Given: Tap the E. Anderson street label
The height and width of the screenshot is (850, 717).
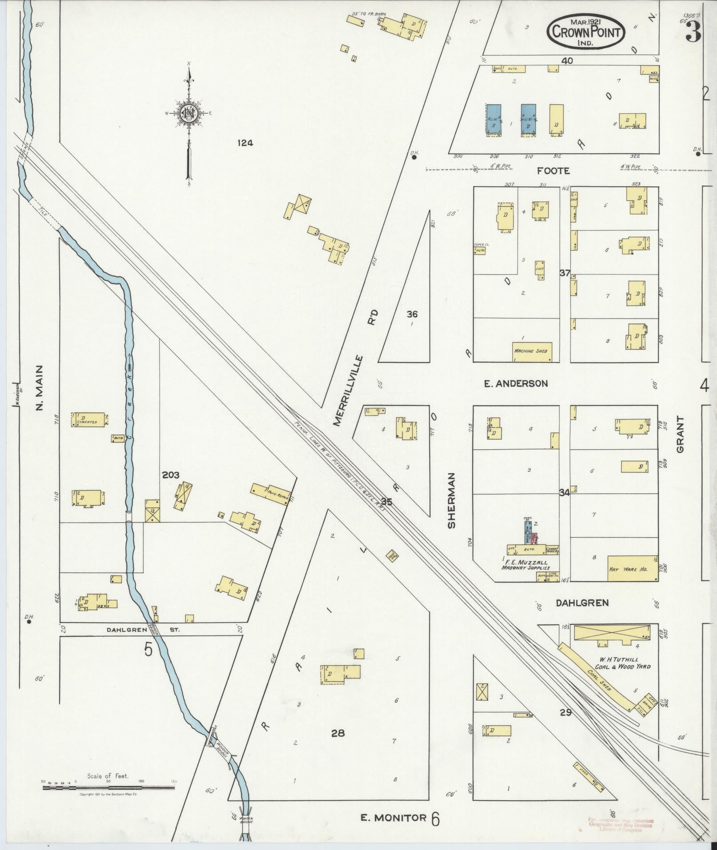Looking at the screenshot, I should tap(516, 383).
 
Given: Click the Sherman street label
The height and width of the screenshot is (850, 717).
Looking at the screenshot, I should tap(452, 500).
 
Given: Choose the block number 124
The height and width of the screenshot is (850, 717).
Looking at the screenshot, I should tap(244, 143).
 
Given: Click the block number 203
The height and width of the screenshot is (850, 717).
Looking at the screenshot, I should tap(171, 475).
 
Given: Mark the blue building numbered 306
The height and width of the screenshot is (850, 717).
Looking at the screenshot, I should tap(493, 120).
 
